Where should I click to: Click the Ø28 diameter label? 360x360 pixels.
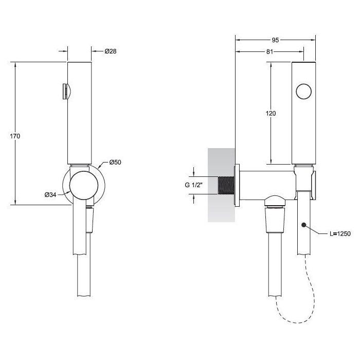(x=111, y=51)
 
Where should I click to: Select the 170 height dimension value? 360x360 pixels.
(x=15, y=136)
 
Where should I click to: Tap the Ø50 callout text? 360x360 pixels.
(x=115, y=163)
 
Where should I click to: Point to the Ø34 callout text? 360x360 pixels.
(x=50, y=195)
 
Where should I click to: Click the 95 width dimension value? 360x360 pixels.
(x=275, y=40)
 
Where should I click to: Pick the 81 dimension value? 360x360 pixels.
(x=270, y=52)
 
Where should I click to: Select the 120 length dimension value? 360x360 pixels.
(x=271, y=114)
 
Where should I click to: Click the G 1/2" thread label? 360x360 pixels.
(x=193, y=185)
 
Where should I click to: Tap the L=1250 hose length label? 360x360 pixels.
(x=340, y=233)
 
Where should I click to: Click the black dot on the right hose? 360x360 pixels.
(x=304, y=225)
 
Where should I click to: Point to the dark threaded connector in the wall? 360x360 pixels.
(x=226, y=185)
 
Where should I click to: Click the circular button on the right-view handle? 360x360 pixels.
(x=304, y=92)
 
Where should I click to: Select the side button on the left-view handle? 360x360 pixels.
(x=65, y=92)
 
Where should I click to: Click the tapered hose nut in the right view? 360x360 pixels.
(x=275, y=221)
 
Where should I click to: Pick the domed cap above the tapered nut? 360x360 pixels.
(x=275, y=201)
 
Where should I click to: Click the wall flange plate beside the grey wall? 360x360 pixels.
(x=237, y=185)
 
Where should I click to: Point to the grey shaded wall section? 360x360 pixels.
(x=221, y=185)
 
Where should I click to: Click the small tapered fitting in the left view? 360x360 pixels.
(x=90, y=220)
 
